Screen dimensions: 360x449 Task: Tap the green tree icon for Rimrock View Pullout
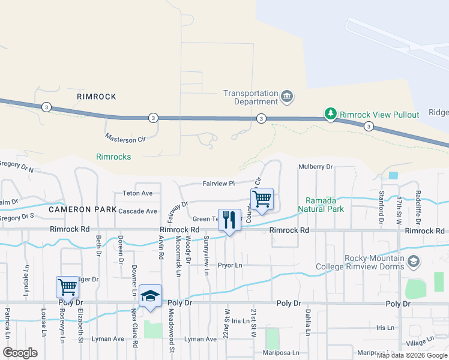(330, 113)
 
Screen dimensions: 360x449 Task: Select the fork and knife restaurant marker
(229, 220)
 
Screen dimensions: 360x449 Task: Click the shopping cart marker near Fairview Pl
(262, 200)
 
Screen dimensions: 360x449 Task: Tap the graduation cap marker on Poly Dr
(150, 296)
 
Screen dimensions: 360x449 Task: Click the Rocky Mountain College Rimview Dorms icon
(413, 262)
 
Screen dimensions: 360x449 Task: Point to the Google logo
(20, 353)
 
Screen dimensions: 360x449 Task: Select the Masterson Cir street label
(125, 139)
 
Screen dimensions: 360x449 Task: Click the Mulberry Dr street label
(315, 167)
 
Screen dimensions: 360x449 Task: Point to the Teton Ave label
(137, 193)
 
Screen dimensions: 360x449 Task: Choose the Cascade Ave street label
(137, 211)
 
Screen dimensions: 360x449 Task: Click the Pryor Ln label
(229, 265)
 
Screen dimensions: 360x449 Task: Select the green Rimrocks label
(113, 157)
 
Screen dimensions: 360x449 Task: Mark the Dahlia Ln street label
(307, 325)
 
